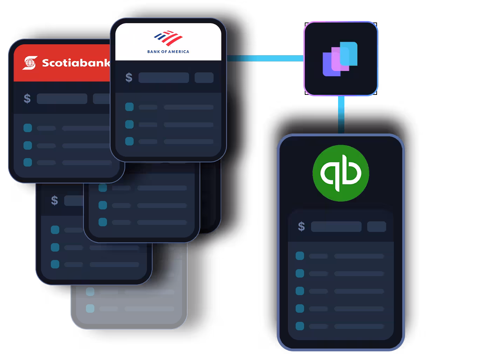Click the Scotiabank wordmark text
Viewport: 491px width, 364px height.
click(x=76, y=63)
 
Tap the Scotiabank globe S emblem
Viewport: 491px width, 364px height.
click(x=30, y=63)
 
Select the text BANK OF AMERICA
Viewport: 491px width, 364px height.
click(x=168, y=52)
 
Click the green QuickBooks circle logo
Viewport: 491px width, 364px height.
click(x=341, y=173)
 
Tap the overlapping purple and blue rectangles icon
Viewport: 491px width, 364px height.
click(x=340, y=59)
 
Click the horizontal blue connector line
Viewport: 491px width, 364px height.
click(x=265, y=58)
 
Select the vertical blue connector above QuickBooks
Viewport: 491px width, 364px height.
click(x=341, y=115)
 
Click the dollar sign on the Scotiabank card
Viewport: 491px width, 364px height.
click(x=27, y=99)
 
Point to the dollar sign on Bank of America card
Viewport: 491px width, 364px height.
click(x=129, y=78)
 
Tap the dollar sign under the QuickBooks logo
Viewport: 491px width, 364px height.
click(x=301, y=227)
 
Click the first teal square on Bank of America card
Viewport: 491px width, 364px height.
click(x=129, y=107)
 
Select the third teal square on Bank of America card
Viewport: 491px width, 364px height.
click(x=129, y=141)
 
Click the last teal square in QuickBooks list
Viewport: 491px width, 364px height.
click(x=300, y=326)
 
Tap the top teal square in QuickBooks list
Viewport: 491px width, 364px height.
click(x=300, y=256)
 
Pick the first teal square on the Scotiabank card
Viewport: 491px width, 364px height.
click(x=28, y=128)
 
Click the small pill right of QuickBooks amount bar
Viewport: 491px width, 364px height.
click(x=376, y=227)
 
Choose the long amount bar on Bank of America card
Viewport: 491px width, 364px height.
click(x=163, y=78)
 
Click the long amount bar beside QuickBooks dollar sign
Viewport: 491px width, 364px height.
click(x=336, y=227)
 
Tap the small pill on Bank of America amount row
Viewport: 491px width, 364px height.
click(x=204, y=78)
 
